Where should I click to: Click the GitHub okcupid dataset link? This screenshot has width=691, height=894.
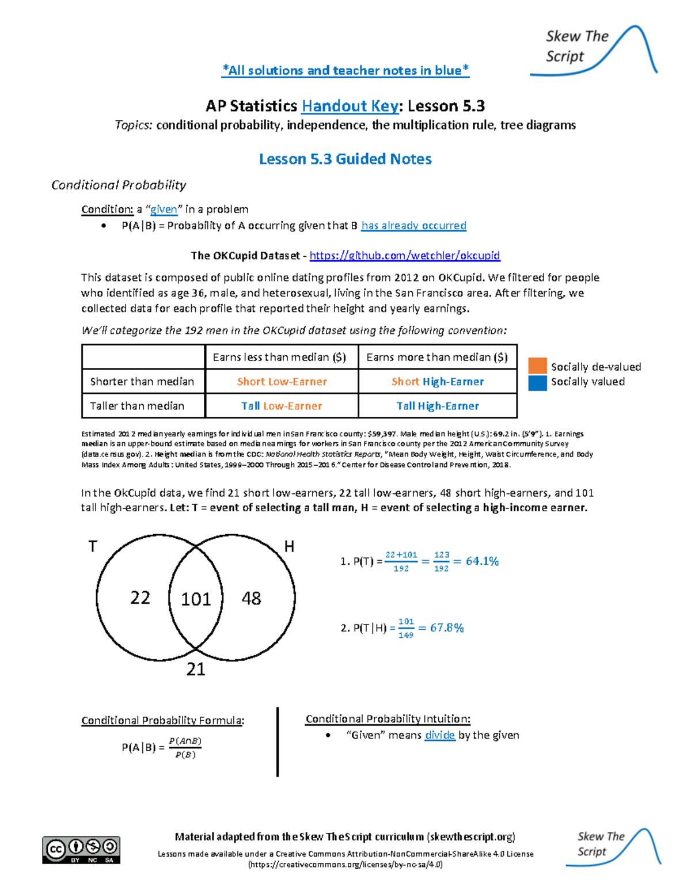[404, 255]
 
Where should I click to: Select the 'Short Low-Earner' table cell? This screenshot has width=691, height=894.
[282, 382]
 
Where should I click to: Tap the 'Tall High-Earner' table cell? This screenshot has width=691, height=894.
[438, 406]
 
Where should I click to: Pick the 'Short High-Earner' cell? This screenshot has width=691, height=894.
[438, 382]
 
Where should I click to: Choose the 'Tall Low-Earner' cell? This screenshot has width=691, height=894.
[282, 406]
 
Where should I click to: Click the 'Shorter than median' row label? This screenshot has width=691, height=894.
[142, 382]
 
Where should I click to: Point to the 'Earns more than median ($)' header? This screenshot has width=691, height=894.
[437, 357]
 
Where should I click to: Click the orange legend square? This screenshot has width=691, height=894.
[537, 366]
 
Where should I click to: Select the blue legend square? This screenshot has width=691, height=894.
[537, 383]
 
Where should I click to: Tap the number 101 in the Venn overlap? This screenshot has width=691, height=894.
[196, 599]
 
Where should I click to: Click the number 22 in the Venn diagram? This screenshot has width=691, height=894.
[140, 598]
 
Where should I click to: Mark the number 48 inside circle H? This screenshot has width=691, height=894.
[251, 599]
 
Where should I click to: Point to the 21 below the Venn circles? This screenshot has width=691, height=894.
[196, 669]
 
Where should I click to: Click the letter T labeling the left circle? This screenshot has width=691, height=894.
[93, 546]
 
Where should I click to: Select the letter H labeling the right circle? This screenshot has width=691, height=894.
[289, 547]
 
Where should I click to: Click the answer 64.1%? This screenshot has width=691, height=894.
[482, 561]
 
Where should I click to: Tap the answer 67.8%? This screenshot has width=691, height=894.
[447, 627]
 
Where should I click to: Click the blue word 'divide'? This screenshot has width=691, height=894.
[439, 735]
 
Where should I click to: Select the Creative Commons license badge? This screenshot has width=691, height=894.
[81, 850]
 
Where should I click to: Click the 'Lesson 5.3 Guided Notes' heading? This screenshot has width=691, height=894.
[345, 159]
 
